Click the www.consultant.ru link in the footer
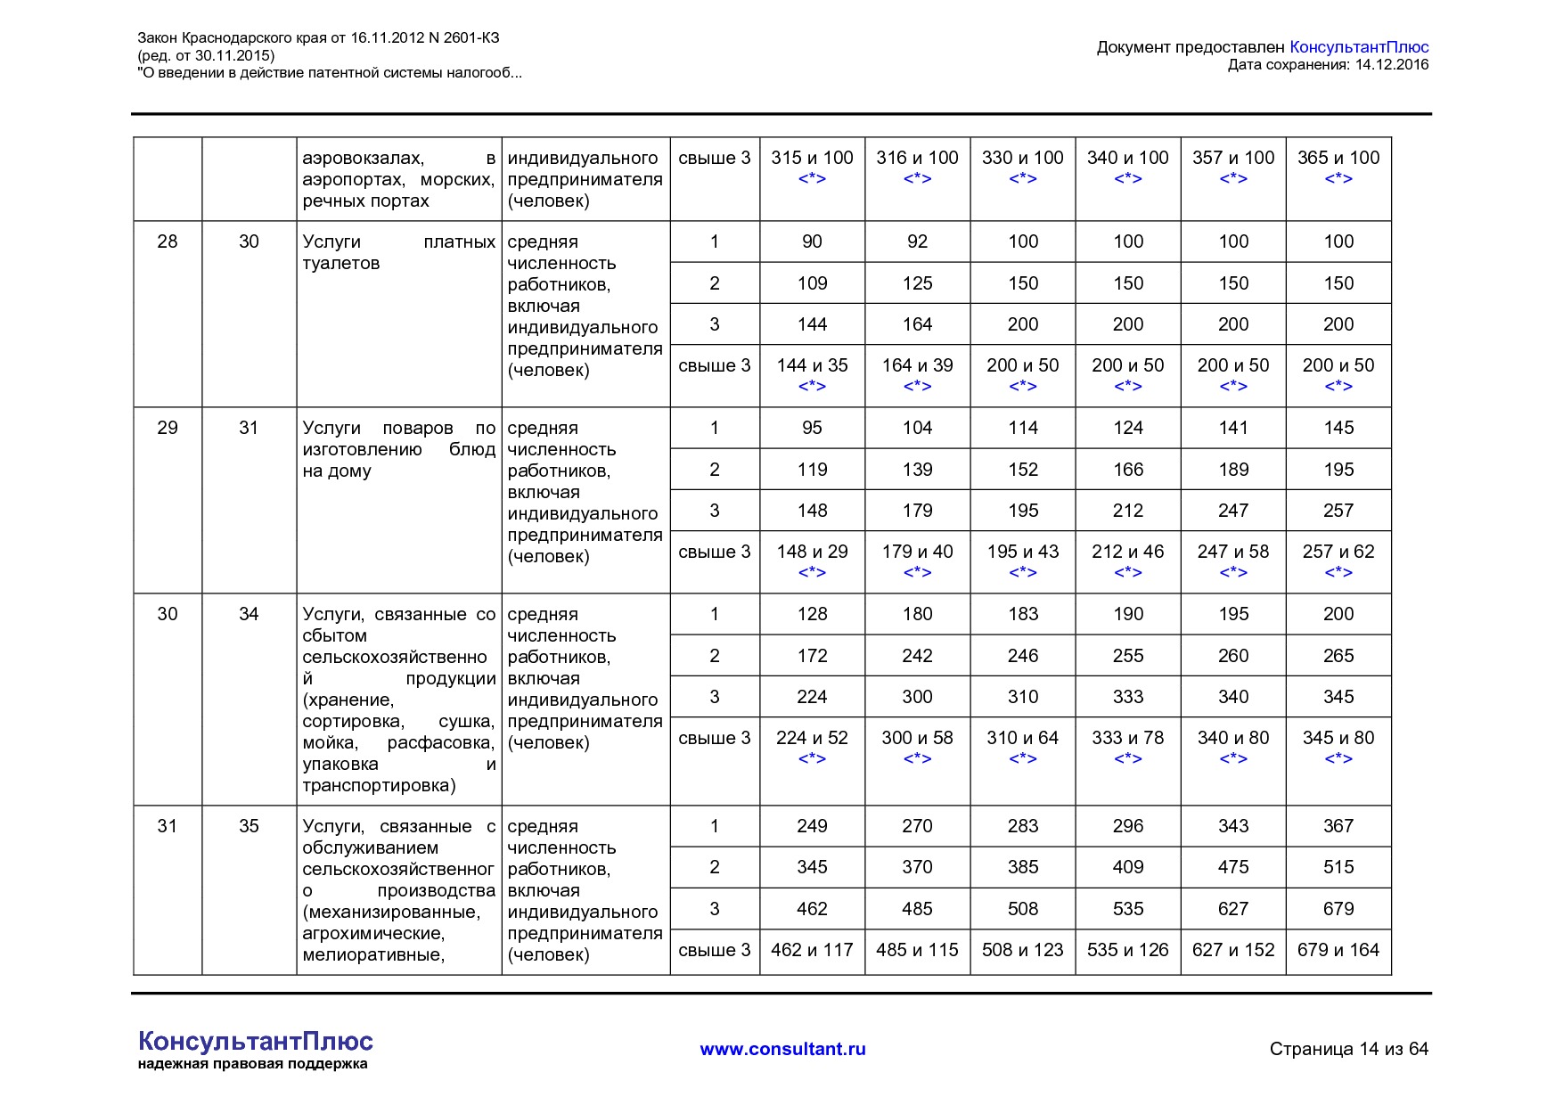tap(782, 1049)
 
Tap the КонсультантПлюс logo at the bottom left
tap(255, 1042)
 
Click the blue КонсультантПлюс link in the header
tap(1359, 47)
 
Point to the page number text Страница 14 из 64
tap(1348, 1049)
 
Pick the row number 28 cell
tap(168, 241)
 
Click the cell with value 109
tap(812, 283)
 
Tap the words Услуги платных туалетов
tap(397, 252)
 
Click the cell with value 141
tap(1233, 428)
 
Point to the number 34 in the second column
tap(249, 614)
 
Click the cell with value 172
tap(812, 656)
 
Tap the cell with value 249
tap(812, 826)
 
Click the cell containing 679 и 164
tap(1338, 950)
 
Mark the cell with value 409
tap(1127, 867)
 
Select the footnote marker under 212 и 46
tap(1127, 572)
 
